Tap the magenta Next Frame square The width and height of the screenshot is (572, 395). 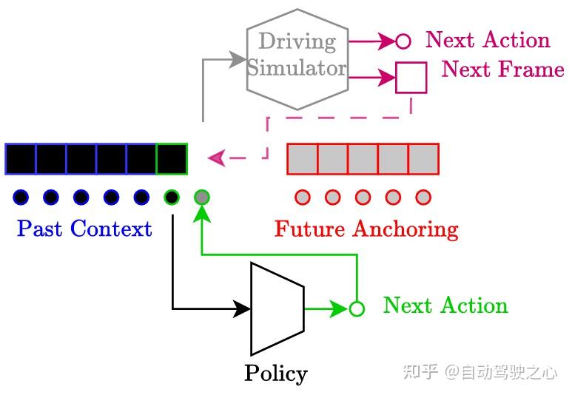(x=411, y=78)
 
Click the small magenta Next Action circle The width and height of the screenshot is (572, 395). (x=403, y=41)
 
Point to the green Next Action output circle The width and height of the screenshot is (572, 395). (x=357, y=308)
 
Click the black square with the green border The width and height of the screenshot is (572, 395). (x=172, y=159)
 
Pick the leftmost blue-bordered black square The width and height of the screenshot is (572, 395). (x=21, y=159)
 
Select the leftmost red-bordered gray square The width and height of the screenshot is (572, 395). (x=302, y=159)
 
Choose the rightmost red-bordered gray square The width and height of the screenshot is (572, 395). (x=423, y=159)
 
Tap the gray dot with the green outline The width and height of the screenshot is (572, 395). (x=202, y=197)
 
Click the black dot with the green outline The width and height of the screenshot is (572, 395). (x=172, y=197)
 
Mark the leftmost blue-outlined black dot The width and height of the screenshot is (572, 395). (x=21, y=197)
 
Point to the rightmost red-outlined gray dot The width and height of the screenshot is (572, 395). (x=423, y=197)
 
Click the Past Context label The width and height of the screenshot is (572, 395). (x=84, y=229)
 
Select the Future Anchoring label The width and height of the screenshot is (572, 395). (x=366, y=229)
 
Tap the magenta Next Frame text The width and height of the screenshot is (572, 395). (x=502, y=70)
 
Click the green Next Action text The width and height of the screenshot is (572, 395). (x=445, y=305)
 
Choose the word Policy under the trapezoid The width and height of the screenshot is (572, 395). (x=275, y=373)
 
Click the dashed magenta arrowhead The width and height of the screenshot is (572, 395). (x=217, y=158)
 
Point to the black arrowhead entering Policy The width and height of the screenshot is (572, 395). (x=243, y=308)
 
